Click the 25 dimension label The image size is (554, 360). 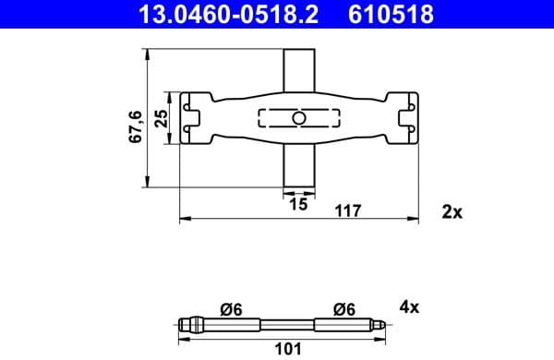162,119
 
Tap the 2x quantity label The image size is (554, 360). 452,211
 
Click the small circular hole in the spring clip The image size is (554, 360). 297,118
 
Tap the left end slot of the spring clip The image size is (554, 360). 193,118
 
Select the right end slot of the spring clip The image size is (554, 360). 404,118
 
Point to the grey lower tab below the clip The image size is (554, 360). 297,166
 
